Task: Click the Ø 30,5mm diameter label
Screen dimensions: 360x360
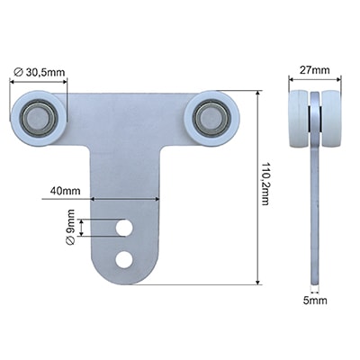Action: pos(39,72)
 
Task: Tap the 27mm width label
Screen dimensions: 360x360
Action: pos(315,70)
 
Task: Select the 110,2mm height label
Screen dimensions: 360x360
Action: pos(265,184)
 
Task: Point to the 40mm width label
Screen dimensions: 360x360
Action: pos(66,191)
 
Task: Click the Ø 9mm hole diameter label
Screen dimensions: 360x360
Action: pos(70,227)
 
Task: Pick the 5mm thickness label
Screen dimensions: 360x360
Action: pos(315,301)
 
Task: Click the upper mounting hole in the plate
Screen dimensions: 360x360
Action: pos(124,229)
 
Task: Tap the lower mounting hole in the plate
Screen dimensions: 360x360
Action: pos(124,259)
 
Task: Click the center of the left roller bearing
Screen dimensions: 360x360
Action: pos(38,118)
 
